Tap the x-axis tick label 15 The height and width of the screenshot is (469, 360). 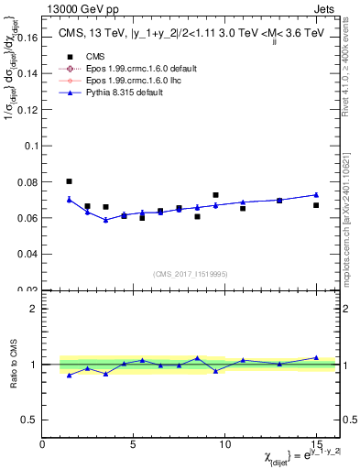tap(316, 444)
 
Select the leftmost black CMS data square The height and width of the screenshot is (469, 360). tap(70, 181)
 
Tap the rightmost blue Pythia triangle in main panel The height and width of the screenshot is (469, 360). tap(316, 194)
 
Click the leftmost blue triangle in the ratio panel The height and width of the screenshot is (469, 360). tap(70, 376)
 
